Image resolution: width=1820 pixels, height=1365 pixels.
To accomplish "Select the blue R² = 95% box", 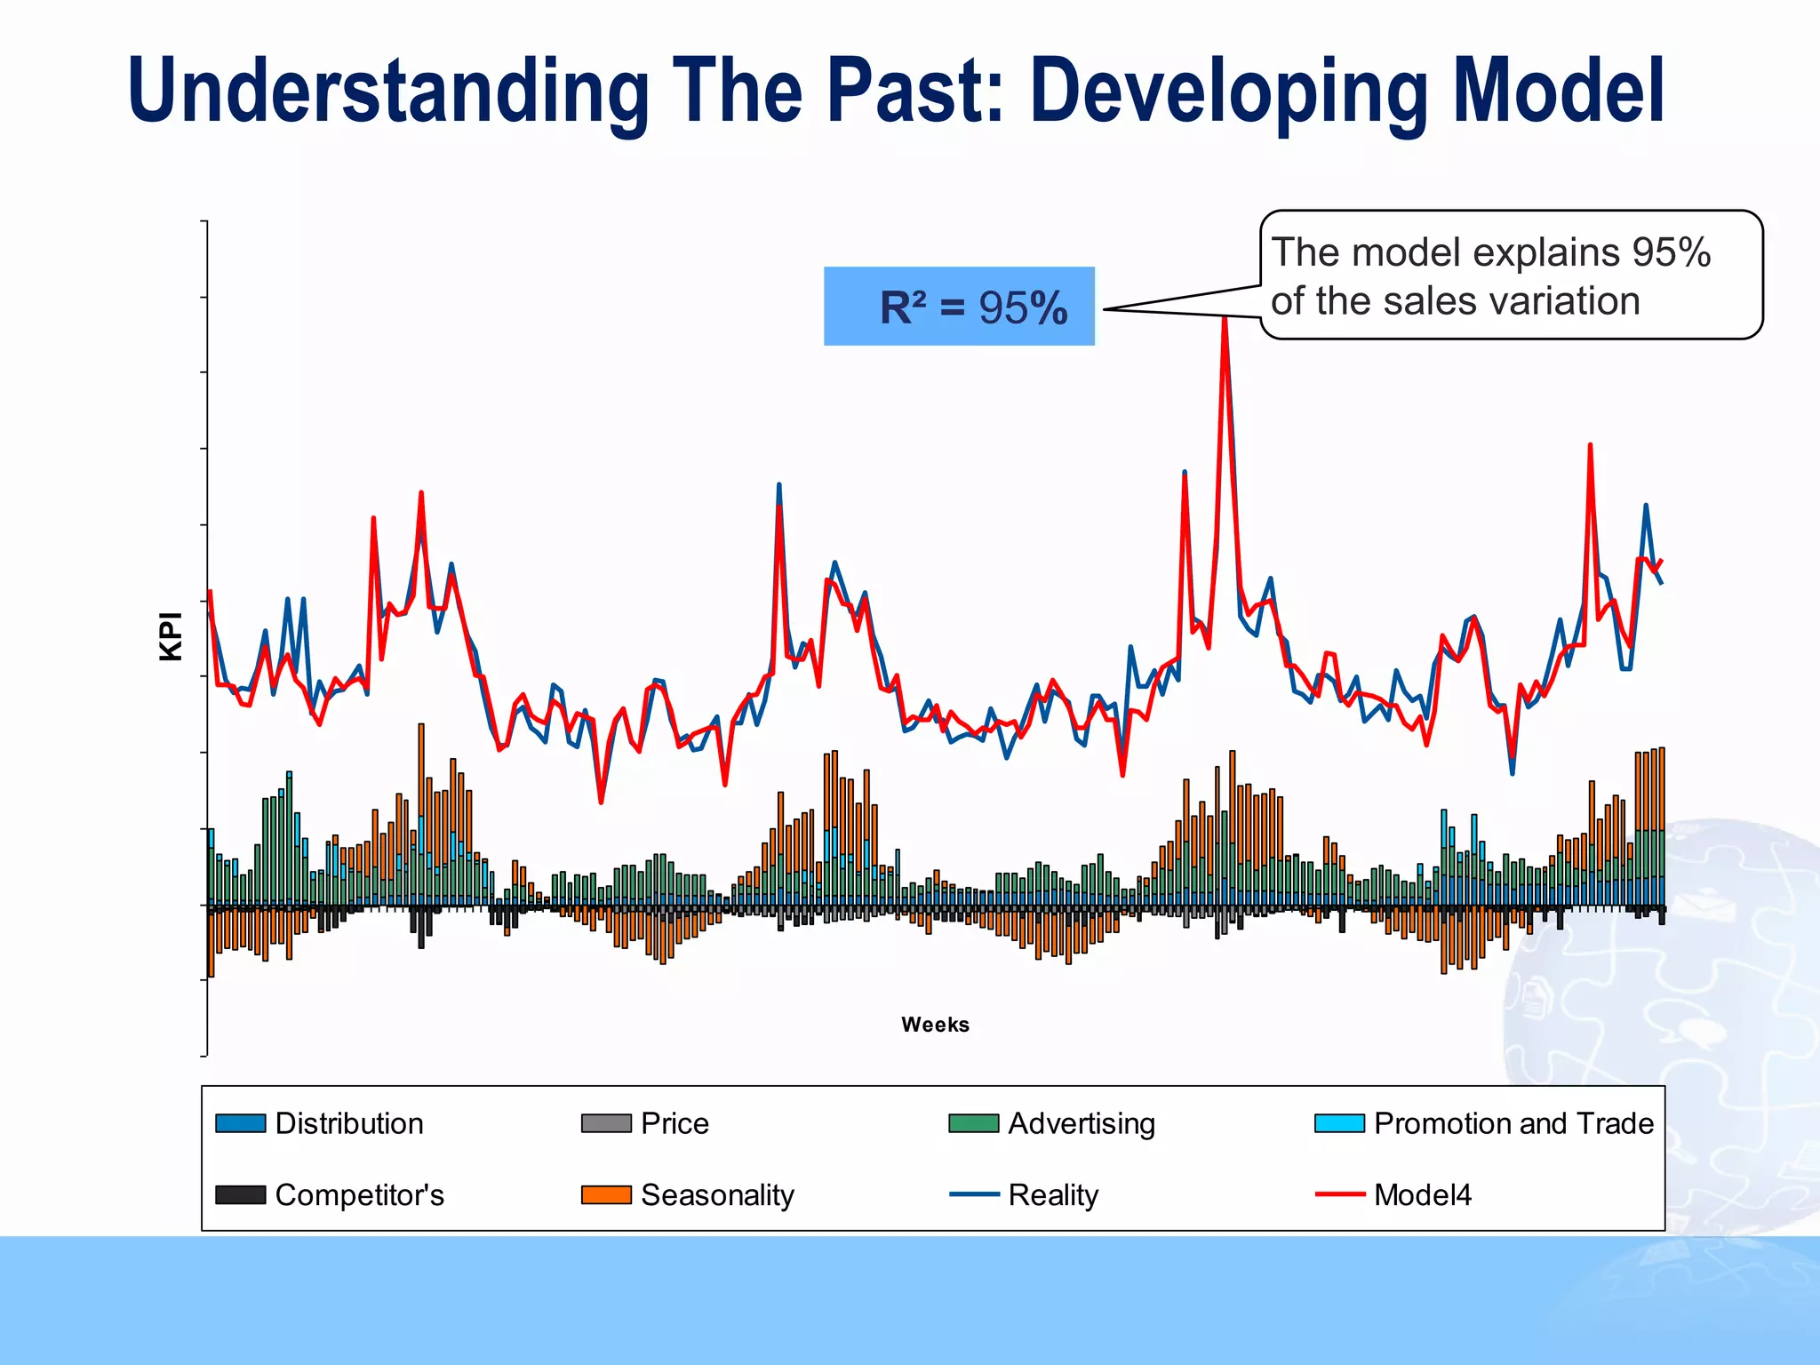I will (x=959, y=307).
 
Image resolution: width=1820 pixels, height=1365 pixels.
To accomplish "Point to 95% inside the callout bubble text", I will (x=1671, y=252).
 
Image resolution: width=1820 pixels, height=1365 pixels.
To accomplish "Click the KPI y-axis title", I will (x=171, y=636).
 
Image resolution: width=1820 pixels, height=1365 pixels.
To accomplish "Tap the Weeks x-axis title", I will (x=935, y=1025).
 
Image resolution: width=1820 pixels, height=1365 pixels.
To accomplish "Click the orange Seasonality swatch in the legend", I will (x=606, y=1195).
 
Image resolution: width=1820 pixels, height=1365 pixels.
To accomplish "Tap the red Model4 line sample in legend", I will (x=1339, y=1195).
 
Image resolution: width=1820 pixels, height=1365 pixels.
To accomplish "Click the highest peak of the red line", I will (x=1225, y=318).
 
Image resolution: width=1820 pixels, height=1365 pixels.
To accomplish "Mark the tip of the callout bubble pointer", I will (x=1105, y=309).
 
